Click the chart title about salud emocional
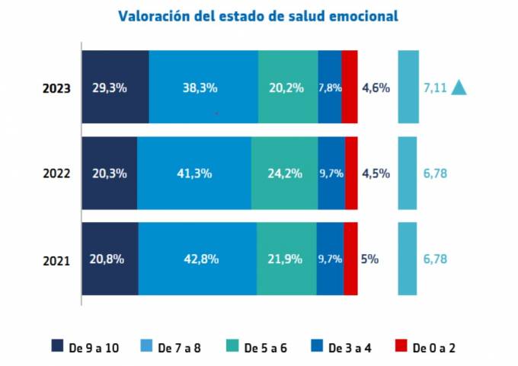coord(258,15)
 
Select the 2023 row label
coord(56,88)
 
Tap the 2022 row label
coord(56,173)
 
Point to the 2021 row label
coord(56,260)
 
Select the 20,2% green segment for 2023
coord(287,88)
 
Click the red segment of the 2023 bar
coord(350,88)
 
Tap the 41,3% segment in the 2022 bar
coord(193,173)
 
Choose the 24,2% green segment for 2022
coord(284,173)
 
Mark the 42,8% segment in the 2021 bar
coord(197,259)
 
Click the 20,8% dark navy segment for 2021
coord(109,259)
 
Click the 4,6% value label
coord(376,88)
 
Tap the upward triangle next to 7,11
coord(459,88)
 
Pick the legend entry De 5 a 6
coord(257,348)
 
